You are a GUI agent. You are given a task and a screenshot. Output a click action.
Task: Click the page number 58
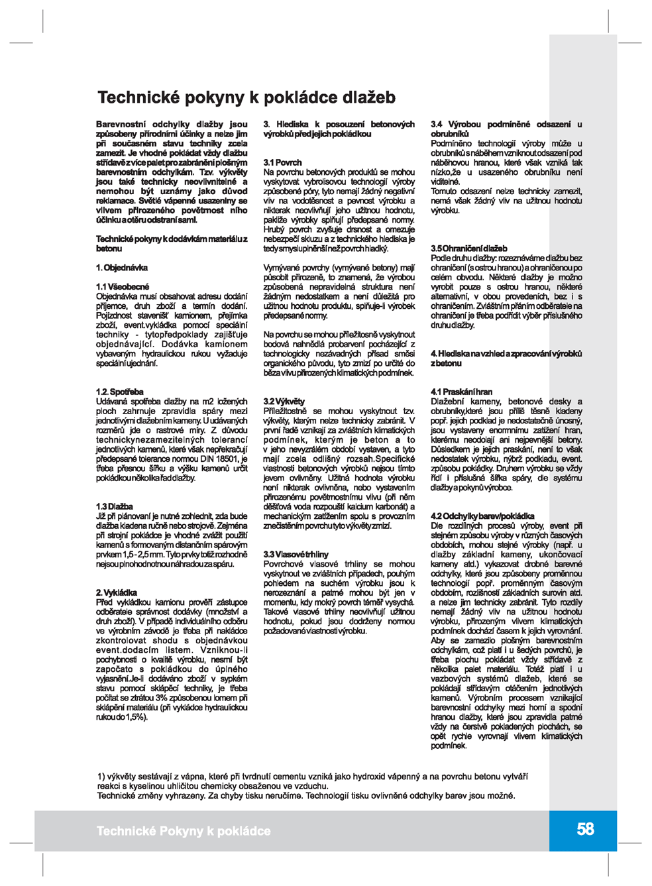click(x=585, y=829)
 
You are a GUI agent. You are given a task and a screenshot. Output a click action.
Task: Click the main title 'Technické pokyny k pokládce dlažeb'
click(x=246, y=97)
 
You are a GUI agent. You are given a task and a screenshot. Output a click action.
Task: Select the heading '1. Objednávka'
click(x=122, y=268)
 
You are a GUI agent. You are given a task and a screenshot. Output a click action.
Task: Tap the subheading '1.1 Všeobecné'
click(x=123, y=287)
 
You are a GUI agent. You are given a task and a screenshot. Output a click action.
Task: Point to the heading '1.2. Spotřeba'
click(x=119, y=392)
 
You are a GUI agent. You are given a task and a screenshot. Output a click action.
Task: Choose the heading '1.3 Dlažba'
click(x=114, y=506)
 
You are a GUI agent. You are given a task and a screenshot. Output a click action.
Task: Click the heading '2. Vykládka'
click(x=117, y=592)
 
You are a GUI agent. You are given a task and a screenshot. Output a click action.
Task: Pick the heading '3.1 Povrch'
click(x=282, y=162)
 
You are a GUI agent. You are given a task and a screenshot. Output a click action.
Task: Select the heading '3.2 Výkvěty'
click(x=284, y=402)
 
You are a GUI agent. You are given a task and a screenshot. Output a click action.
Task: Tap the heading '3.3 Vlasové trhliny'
click(x=296, y=554)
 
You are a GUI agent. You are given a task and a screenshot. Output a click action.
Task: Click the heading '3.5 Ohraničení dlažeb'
click(x=468, y=249)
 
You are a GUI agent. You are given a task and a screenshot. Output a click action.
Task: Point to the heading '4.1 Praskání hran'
click(x=461, y=392)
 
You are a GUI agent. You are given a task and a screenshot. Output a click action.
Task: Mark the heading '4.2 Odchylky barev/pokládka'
click(x=482, y=516)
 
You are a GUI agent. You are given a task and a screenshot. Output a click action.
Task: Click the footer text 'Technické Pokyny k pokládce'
click(x=184, y=831)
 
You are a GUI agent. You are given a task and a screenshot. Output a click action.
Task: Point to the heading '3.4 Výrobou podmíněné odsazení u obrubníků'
click(x=506, y=129)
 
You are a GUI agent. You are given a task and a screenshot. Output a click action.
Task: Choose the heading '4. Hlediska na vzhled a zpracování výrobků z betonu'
click(x=506, y=359)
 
